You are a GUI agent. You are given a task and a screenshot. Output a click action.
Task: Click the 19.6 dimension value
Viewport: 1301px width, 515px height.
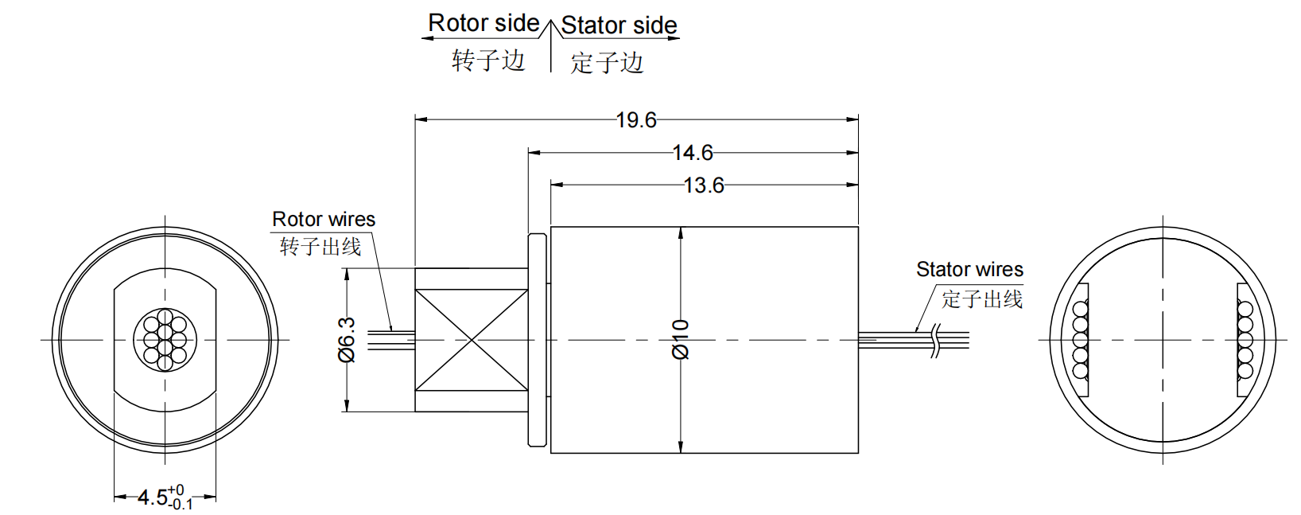coord(636,120)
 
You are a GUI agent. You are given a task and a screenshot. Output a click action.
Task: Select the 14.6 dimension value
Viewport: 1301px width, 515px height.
coord(693,153)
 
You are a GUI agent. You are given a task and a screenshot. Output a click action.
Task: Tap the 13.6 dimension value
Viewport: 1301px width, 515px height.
coord(704,185)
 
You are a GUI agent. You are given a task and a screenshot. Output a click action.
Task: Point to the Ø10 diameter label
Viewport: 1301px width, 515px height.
coord(681,340)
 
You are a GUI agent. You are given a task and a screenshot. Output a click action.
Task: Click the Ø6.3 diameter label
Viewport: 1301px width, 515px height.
coord(348,340)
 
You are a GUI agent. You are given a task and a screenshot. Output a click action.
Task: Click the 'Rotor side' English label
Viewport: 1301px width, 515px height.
coord(484,23)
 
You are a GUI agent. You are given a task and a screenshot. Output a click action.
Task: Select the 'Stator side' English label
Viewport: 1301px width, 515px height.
coord(619,25)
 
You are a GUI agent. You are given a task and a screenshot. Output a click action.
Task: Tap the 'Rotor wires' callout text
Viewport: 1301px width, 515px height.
coord(324,220)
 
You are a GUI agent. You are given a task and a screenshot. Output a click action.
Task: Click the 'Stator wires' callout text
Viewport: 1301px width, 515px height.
coord(969,270)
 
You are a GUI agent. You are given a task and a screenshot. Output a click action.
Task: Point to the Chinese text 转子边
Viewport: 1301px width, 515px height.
coord(488,60)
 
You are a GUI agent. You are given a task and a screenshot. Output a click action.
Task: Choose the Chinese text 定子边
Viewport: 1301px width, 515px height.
coord(607,63)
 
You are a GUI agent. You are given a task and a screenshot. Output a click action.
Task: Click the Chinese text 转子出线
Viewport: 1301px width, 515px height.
coord(320,247)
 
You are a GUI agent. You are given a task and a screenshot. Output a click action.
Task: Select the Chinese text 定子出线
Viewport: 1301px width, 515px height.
coord(982,299)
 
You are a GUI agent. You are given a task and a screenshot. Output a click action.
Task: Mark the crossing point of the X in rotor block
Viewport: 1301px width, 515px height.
coord(472,341)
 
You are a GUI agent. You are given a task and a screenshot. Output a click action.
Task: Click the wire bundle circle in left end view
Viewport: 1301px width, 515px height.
coord(165,340)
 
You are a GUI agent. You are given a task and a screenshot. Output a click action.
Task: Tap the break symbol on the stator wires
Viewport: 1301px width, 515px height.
coord(936,341)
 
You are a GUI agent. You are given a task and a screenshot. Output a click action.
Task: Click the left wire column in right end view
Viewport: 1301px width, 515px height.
coord(1080,340)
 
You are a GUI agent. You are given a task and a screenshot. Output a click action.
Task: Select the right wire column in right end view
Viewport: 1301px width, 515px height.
coord(1245,340)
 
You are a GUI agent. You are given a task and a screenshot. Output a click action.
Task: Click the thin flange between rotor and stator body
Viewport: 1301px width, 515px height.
coord(538,340)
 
